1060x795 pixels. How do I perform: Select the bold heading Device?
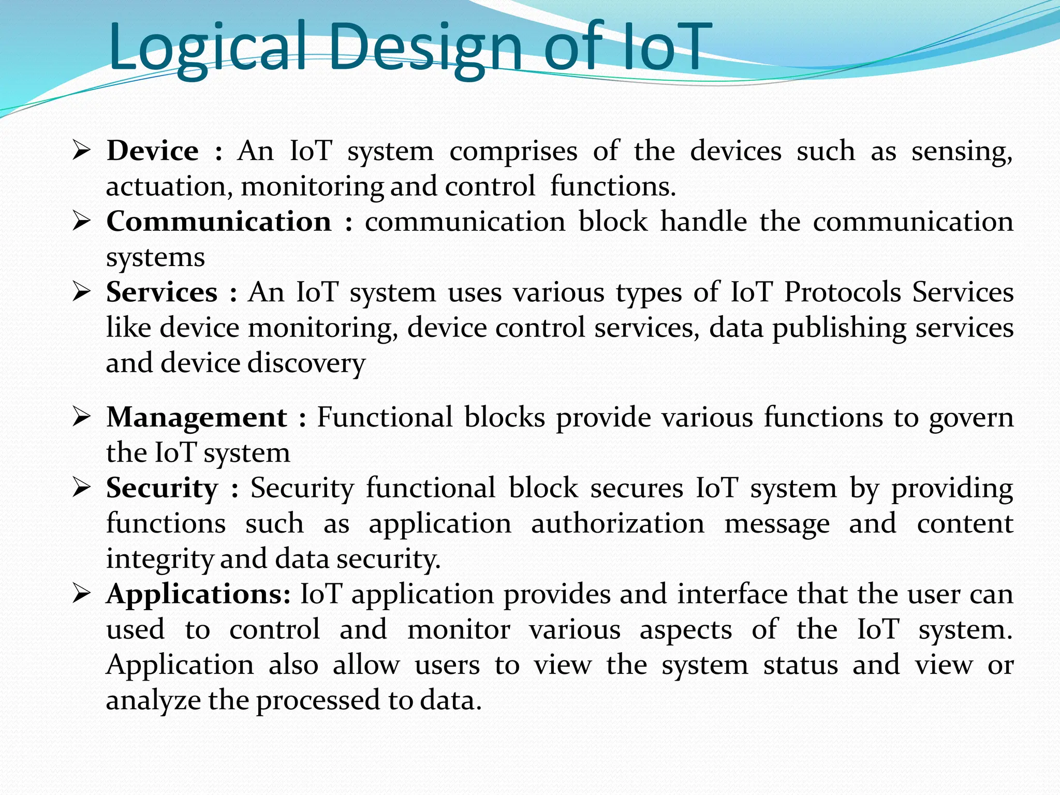[x=153, y=151]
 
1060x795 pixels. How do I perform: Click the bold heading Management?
[x=197, y=417]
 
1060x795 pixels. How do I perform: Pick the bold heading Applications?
[x=199, y=594]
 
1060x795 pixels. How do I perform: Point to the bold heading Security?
[x=162, y=488]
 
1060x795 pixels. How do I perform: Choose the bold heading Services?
[x=161, y=292]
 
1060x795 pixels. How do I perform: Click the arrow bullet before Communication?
[x=82, y=222]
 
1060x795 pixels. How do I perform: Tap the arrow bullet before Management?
[x=82, y=417]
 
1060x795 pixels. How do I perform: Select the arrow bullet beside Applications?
[x=82, y=594]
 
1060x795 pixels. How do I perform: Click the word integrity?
[x=159, y=560]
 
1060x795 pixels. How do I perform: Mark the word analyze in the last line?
[x=153, y=701]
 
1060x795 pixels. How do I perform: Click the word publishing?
[x=839, y=329]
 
